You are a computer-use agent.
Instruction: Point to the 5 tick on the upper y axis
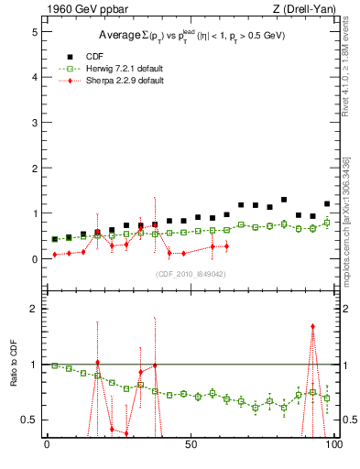(33, 31)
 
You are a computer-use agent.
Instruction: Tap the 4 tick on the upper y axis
(33, 77)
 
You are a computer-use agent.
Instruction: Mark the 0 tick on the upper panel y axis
(33, 259)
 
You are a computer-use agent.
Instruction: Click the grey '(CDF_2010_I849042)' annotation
(191, 273)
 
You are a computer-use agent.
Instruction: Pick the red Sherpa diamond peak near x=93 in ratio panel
(312, 326)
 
